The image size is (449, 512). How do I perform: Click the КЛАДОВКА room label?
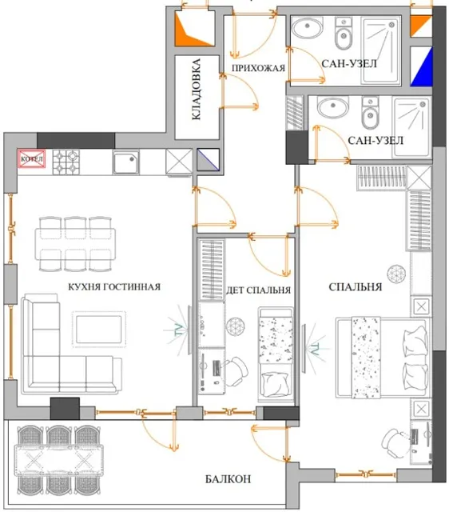coord(196,89)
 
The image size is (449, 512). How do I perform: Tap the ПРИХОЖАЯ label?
coord(258,68)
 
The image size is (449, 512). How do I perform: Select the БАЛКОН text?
coord(228,479)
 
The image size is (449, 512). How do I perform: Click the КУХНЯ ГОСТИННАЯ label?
coord(114,286)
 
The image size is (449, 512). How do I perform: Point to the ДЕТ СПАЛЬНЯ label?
coord(258,290)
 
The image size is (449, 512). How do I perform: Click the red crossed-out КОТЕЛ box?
coord(32,159)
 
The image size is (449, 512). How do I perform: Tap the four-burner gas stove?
coord(66,162)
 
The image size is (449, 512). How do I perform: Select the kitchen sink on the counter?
coord(126,162)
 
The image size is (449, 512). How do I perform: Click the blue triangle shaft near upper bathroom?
coord(422,67)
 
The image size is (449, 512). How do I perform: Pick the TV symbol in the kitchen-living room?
coord(181,330)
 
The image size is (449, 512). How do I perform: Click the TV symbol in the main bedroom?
coord(312,349)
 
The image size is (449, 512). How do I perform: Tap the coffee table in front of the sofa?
coord(99,329)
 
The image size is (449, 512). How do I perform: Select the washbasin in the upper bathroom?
coord(307,28)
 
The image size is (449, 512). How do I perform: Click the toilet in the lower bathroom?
coord(370,113)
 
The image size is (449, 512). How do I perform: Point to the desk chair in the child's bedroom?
coord(236,370)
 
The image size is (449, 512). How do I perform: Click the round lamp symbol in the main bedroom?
coord(396,274)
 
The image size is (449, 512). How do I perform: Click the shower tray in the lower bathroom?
coord(411,127)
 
